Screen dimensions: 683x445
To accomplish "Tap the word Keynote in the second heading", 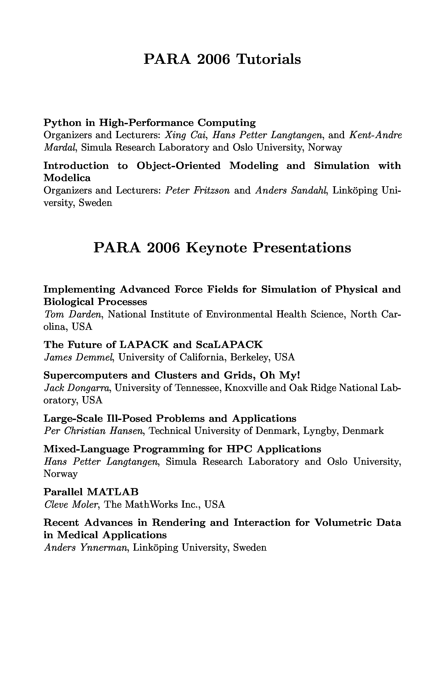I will pyautogui.click(x=216, y=248).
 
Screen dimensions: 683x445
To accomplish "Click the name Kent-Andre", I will pyautogui.click(x=375, y=135).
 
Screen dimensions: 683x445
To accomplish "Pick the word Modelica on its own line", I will pyautogui.click(x=67, y=178).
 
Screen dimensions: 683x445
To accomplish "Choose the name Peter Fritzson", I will pyautogui.click(x=197, y=190).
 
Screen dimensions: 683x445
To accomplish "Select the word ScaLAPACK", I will pyautogui.click(x=229, y=344).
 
